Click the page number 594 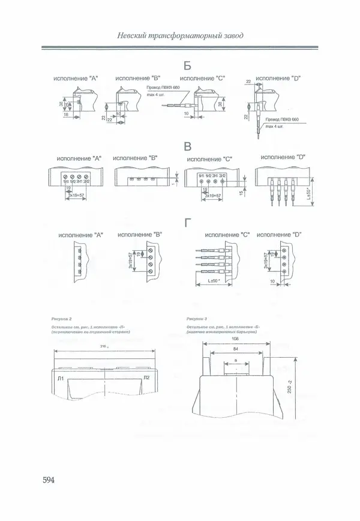[49, 481]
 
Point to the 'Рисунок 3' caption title [197, 319]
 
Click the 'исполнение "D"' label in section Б [278, 78]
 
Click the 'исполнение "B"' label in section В [136, 158]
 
